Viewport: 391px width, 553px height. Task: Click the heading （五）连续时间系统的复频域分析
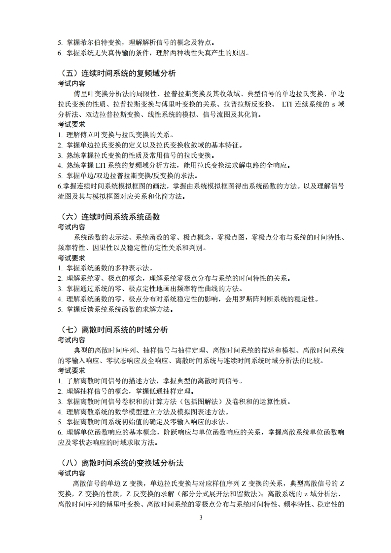(x=116, y=73)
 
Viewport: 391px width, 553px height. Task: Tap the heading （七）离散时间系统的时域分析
(x=113, y=330)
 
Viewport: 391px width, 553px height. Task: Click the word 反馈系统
(x=93, y=309)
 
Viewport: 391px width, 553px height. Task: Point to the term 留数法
(x=250, y=494)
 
